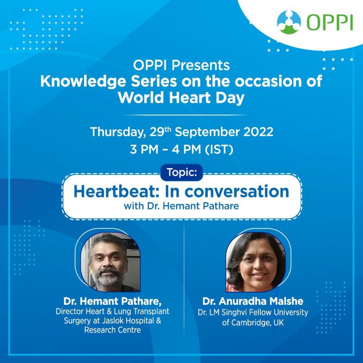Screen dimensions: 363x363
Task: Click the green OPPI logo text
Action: [330, 22]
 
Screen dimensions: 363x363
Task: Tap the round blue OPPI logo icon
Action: [289, 22]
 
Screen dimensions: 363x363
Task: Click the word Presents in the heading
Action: [201, 65]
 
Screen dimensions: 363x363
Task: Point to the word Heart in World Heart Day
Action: [190, 98]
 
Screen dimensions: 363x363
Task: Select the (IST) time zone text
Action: [219, 149]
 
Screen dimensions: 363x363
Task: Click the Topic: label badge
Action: [181, 173]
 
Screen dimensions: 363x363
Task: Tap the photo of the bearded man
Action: [111, 262]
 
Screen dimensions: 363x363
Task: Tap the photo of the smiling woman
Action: [256, 262]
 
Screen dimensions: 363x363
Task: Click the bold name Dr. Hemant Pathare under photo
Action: [112, 301]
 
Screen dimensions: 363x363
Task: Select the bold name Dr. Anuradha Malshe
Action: [253, 301]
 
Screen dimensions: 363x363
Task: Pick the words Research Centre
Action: [112, 330]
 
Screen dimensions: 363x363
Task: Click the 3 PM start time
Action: [144, 149]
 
